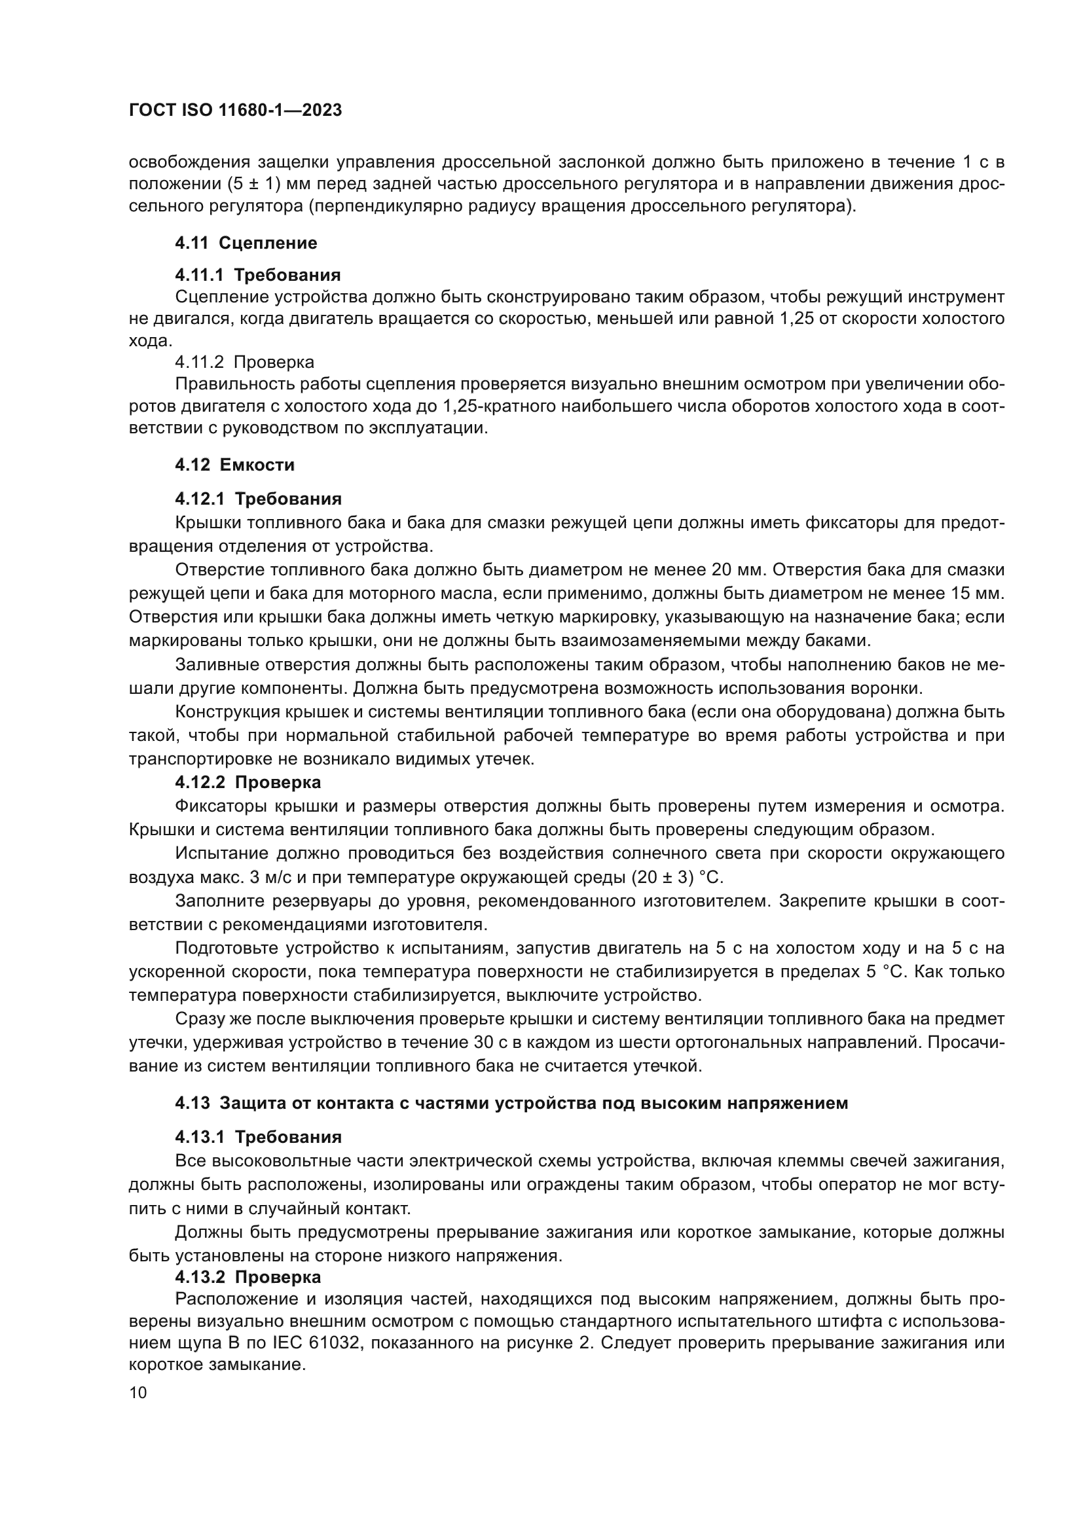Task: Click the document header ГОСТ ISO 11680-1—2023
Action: pos(235,111)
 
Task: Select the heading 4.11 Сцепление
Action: pos(246,243)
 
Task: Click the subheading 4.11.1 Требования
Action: pos(257,275)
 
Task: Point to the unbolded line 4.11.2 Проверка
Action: pos(244,362)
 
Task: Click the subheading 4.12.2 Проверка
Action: pos(248,782)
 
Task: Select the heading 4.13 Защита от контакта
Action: pos(511,1103)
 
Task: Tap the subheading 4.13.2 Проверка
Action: pos(248,1277)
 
